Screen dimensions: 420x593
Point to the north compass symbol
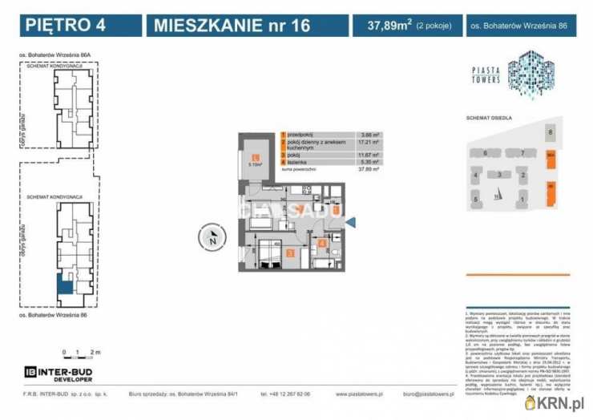click(212, 236)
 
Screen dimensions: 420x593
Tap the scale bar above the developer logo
click(81, 353)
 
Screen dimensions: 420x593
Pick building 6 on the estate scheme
click(486, 151)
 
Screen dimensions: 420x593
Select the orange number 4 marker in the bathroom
click(321, 244)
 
